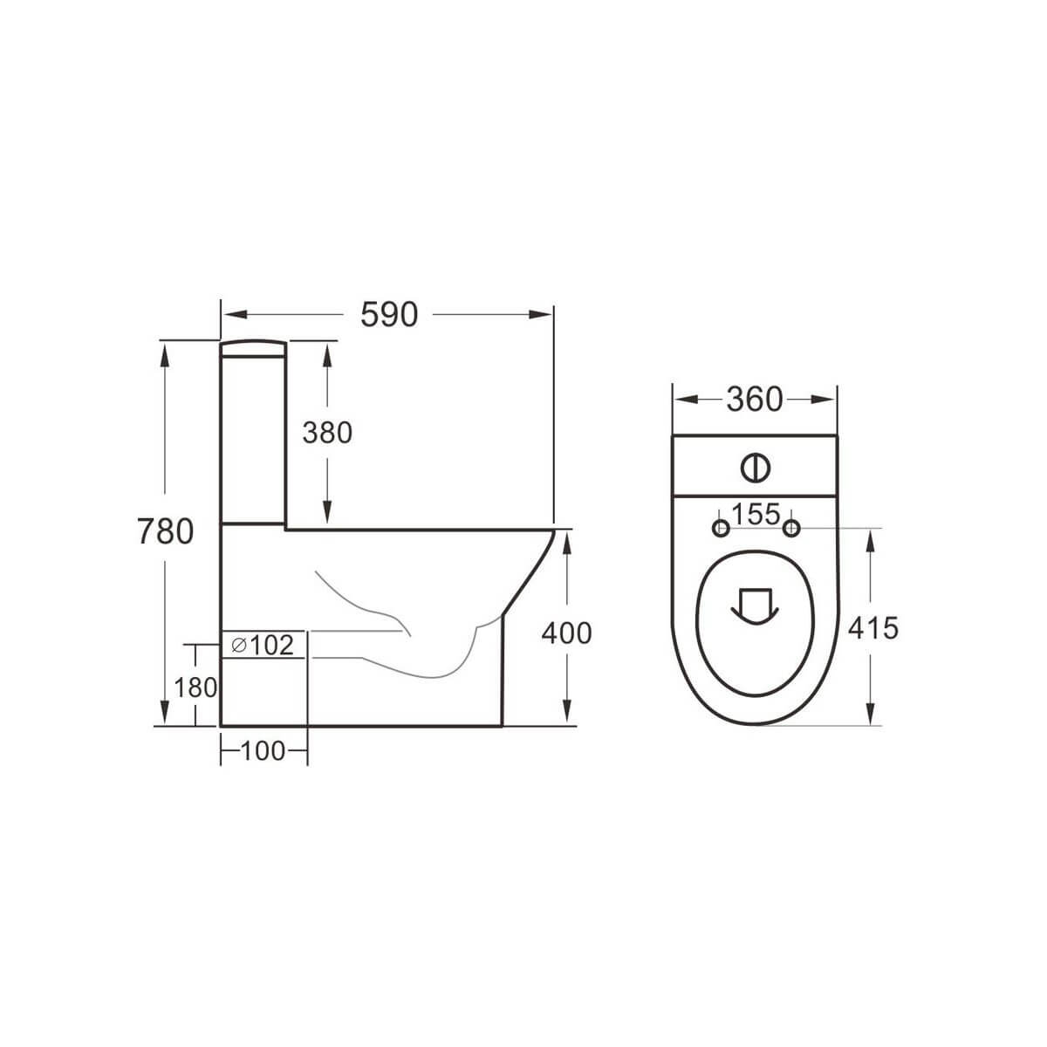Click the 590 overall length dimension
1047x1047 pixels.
tap(389, 314)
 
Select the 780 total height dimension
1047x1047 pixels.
tap(165, 530)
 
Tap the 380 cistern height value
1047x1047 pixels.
tap(327, 432)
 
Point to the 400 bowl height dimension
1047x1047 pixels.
tap(566, 633)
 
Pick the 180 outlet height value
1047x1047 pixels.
tap(195, 688)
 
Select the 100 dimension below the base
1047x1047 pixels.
tap(263, 750)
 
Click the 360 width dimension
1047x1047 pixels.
tap(755, 400)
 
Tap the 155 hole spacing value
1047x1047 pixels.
tap(756, 515)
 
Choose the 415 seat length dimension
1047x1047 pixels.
tap(872, 626)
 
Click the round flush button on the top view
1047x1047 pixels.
tap(756, 468)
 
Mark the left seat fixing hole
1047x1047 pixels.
tap(721, 528)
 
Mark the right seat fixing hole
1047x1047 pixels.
tap(791, 528)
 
